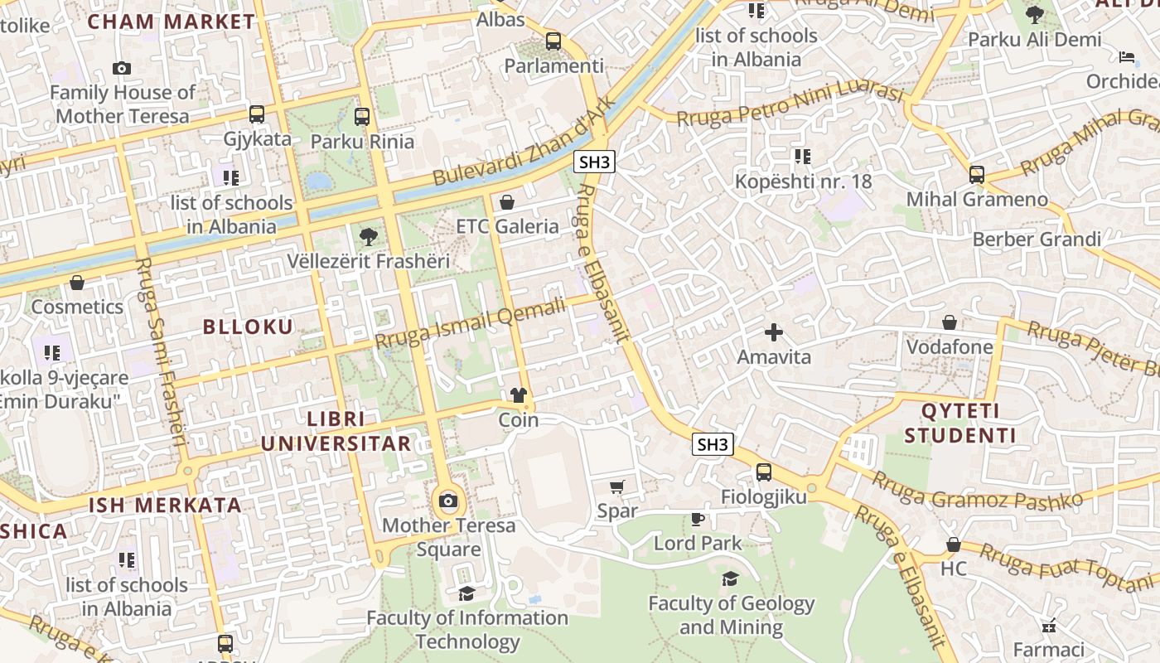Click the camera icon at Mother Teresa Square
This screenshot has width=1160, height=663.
point(448,501)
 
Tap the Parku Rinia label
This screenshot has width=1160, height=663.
point(362,141)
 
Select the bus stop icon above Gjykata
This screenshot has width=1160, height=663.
point(257,114)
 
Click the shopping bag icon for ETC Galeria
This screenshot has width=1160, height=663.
point(507,202)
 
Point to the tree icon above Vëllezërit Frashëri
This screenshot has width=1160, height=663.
point(368,238)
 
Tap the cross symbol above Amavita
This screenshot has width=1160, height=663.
point(774,332)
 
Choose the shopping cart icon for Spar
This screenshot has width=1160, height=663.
point(616,486)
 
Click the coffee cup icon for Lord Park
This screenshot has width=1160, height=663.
point(698,519)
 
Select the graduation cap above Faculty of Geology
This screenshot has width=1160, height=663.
point(730,578)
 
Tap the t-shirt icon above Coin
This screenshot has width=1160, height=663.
point(519,395)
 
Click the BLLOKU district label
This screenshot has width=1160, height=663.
point(249,327)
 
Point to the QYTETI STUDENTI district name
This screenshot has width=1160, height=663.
point(959,423)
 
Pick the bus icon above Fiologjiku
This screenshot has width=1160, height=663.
point(763,472)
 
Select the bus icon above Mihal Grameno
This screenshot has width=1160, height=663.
point(977,175)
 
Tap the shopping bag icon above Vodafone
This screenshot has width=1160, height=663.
point(950,322)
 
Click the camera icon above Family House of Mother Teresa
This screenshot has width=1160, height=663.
point(122,68)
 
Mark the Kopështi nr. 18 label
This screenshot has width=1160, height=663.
point(804,181)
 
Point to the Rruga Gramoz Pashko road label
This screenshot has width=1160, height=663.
point(977,492)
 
